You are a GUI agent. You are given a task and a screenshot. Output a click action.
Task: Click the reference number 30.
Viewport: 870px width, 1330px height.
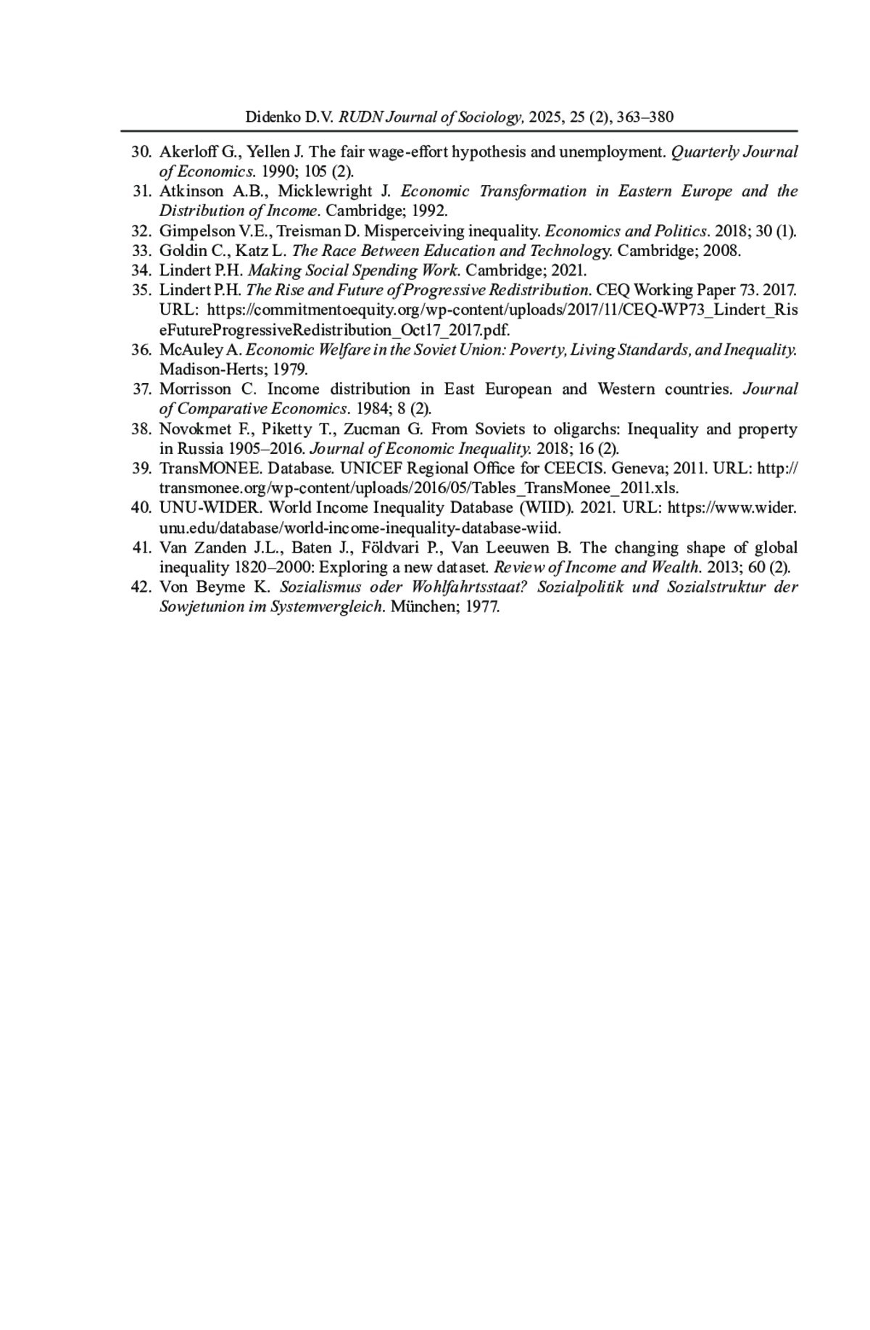coord(141,152)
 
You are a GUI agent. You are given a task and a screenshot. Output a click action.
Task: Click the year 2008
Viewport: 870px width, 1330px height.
coord(723,251)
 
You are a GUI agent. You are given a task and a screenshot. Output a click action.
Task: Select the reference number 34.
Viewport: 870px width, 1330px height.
coord(141,270)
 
